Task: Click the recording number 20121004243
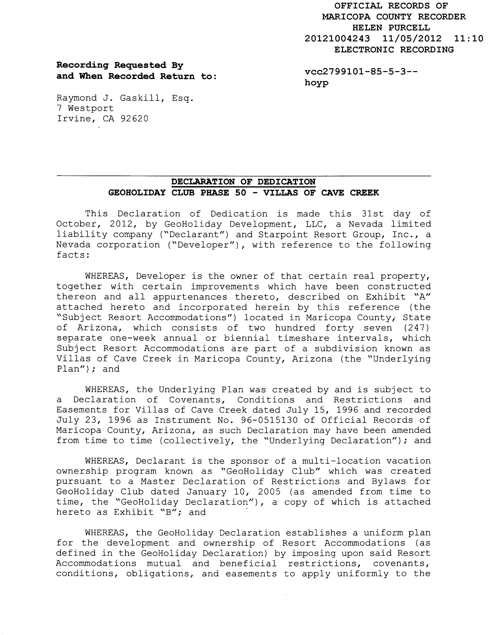pyautogui.click(x=337, y=39)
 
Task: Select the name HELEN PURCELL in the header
pyautogui.click(x=391, y=28)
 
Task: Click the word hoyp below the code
pyautogui.click(x=316, y=83)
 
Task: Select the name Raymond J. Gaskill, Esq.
pyautogui.click(x=125, y=98)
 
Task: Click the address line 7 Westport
pyautogui.click(x=85, y=108)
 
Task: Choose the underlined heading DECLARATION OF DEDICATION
pyautogui.click(x=243, y=182)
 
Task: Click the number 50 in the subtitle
pyautogui.click(x=240, y=193)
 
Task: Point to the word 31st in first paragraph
pyautogui.click(x=372, y=214)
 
